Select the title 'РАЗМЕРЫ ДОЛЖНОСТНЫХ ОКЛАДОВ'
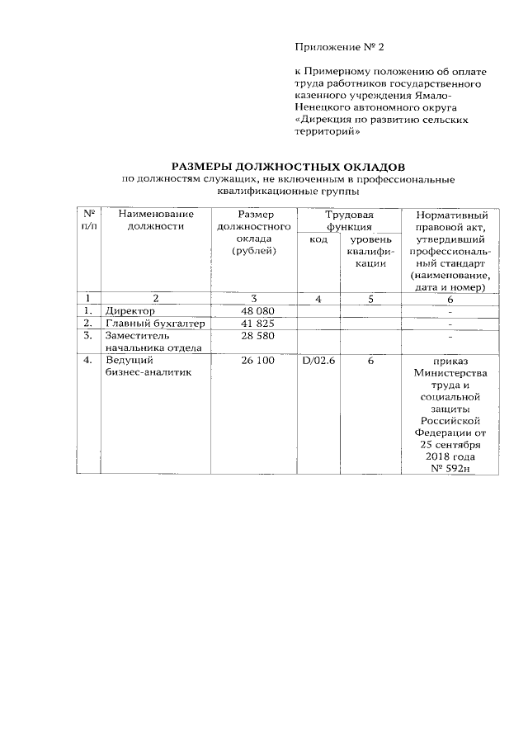tap(288, 166)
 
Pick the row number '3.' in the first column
tap(87, 336)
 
